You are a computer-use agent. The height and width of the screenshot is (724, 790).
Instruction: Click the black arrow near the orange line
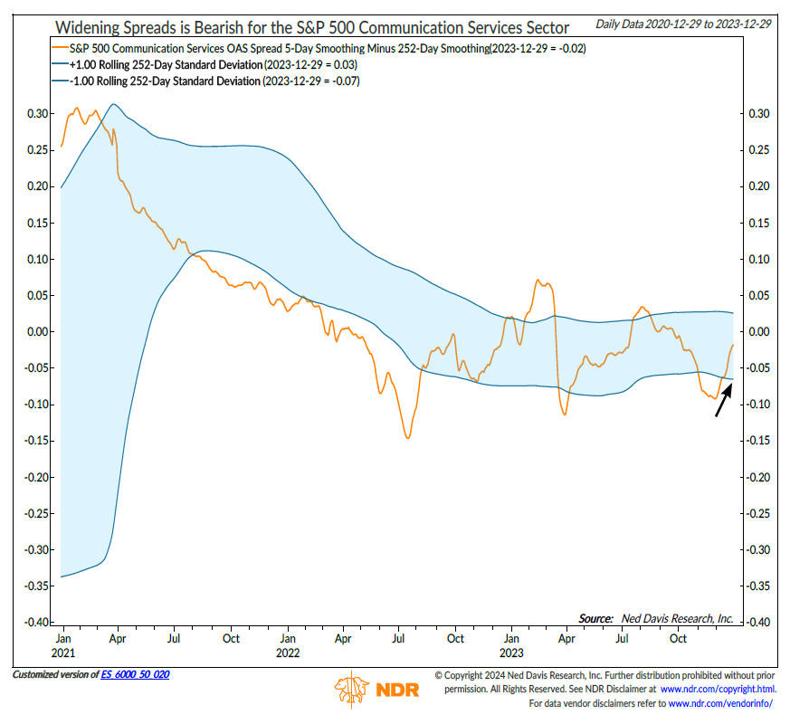coord(722,399)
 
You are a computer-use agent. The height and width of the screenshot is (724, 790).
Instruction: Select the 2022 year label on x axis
coord(288,653)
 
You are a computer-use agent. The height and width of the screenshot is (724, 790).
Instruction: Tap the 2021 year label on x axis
coord(64,653)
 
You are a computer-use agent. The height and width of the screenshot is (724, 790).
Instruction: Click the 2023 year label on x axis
coord(511,653)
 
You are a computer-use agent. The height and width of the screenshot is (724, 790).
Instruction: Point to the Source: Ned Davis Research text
coord(656,618)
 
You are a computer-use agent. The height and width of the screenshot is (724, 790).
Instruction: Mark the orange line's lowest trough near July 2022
coord(408,438)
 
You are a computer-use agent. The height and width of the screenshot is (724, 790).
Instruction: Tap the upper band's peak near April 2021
coord(111,104)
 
